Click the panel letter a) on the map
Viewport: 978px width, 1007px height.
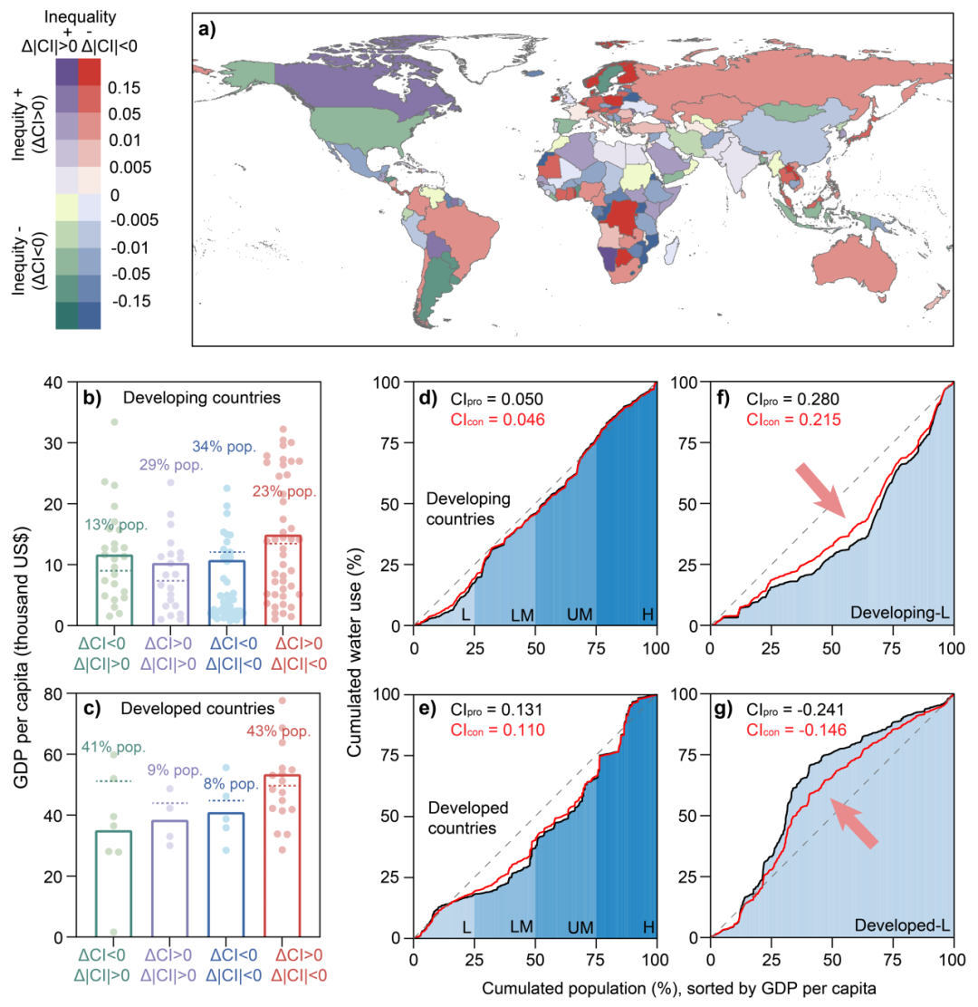(207, 29)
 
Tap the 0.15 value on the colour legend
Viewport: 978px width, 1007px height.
(124, 88)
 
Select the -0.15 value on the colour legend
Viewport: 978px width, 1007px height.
(131, 301)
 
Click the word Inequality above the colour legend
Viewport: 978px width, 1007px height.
(81, 16)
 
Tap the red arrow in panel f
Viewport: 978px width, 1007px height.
(820, 491)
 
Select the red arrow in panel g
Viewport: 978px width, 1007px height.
(854, 823)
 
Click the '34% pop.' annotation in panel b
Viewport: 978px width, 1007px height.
(224, 446)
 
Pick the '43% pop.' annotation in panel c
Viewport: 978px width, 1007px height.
(279, 731)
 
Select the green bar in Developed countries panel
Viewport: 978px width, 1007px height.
(113, 885)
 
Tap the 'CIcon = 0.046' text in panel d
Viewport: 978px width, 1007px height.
(497, 420)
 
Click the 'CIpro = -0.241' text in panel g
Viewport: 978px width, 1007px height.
(795, 710)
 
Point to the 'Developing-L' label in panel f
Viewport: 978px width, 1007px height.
(900, 613)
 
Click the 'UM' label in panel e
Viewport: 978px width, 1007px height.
(580, 927)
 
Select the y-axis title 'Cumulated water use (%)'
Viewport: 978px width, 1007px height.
(355, 652)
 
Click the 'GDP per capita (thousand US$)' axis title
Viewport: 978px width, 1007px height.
(22, 657)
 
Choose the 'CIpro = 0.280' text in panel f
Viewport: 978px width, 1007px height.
(792, 400)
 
